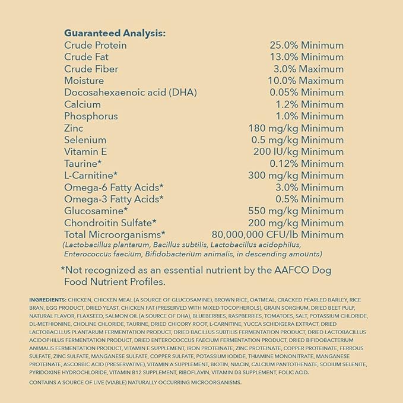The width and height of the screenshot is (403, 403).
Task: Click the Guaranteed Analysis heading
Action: coord(115,33)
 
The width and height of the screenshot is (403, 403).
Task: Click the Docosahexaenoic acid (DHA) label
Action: coord(130,93)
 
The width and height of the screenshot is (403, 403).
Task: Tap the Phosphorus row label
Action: coord(91,116)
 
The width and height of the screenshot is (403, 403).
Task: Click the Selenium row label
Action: coord(87,140)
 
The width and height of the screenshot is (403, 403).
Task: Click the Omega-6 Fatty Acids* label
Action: coord(113,187)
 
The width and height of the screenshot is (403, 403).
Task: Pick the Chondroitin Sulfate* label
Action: coord(110,223)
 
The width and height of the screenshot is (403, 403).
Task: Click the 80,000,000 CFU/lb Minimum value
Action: coord(277,234)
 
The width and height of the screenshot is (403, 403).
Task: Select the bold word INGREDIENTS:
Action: coord(48,300)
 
